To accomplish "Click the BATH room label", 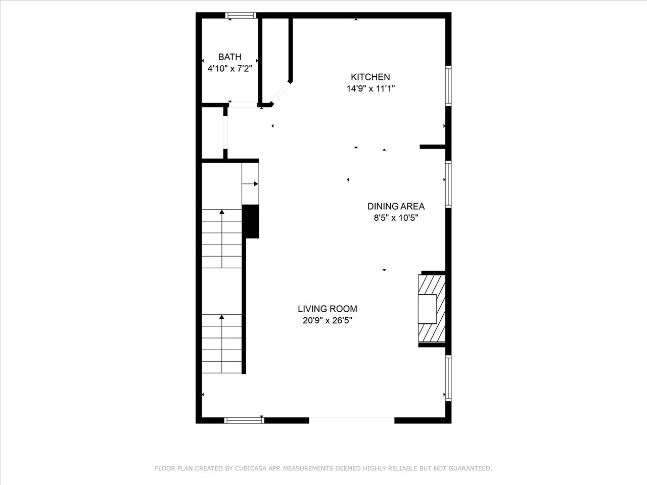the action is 229,57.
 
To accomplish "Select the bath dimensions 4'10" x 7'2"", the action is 230,69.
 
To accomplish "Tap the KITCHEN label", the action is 370,77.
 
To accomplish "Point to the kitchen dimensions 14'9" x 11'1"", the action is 371,88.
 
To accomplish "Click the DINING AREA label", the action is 396,206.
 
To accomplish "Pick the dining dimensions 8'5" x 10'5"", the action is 396,218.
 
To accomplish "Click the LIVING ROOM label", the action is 327,309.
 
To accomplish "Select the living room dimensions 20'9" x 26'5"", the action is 327,320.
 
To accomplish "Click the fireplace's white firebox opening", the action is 427,309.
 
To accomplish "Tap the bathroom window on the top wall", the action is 241,15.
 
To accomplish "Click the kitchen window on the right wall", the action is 448,86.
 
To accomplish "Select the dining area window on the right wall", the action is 448,184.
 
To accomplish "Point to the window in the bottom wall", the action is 244,420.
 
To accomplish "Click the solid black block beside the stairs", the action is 251,221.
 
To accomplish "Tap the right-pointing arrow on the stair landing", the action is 250,184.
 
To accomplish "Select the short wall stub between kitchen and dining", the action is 432,147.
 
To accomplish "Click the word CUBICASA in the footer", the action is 249,468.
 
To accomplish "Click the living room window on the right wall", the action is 448,378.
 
